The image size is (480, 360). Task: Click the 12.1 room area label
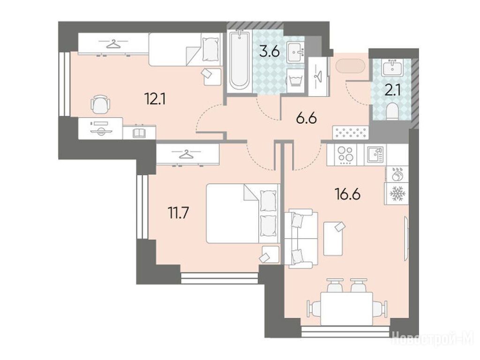(155, 99)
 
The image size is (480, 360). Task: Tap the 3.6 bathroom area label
(269, 52)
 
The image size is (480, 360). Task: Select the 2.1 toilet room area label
(393, 91)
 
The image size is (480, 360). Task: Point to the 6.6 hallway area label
(306, 118)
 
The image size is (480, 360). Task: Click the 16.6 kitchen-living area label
(348, 195)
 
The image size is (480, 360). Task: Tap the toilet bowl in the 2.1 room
(392, 111)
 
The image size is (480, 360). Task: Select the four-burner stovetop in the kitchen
(345, 155)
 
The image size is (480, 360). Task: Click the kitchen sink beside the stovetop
(375, 155)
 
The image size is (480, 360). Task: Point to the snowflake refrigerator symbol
(397, 193)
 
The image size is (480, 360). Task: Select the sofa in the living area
(301, 239)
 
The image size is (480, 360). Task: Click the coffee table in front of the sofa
(333, 239)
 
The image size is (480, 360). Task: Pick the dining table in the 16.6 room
(346, 308)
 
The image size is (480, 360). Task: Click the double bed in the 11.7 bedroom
(243, 213)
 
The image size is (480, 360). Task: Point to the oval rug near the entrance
(350, 66)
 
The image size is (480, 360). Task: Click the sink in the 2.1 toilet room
(392, 67)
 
